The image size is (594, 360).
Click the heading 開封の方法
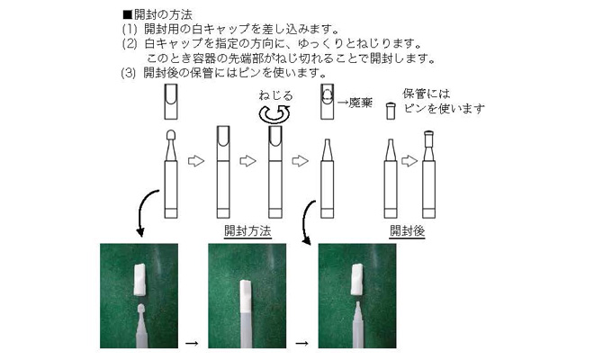click(x=163, y=14)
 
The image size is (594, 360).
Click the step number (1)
click(x=130, y=29)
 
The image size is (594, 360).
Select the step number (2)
click(x=130, y=44)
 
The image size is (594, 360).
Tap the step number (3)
click(x=128, y=72)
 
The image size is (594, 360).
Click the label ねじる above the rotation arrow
click(x=275, y=95)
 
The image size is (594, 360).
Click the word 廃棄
click(x=360, y=103)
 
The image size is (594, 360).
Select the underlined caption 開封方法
click(x=247, y=230)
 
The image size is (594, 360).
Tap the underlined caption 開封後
click(x=407, y=230)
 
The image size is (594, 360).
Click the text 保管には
click(x=427, y=94)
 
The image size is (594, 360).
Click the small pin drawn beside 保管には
click(x=391, y=111)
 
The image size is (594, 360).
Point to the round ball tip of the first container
click(x=171, y=134)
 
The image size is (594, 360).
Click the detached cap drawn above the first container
click(x=171, y=102)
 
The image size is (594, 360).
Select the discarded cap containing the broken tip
click(x=328, y=102)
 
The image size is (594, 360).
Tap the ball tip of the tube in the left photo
click(x=141, y=308)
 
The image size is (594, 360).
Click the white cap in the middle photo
click(x=246, y=296)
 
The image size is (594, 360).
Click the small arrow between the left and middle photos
click(x=192, y=343)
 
